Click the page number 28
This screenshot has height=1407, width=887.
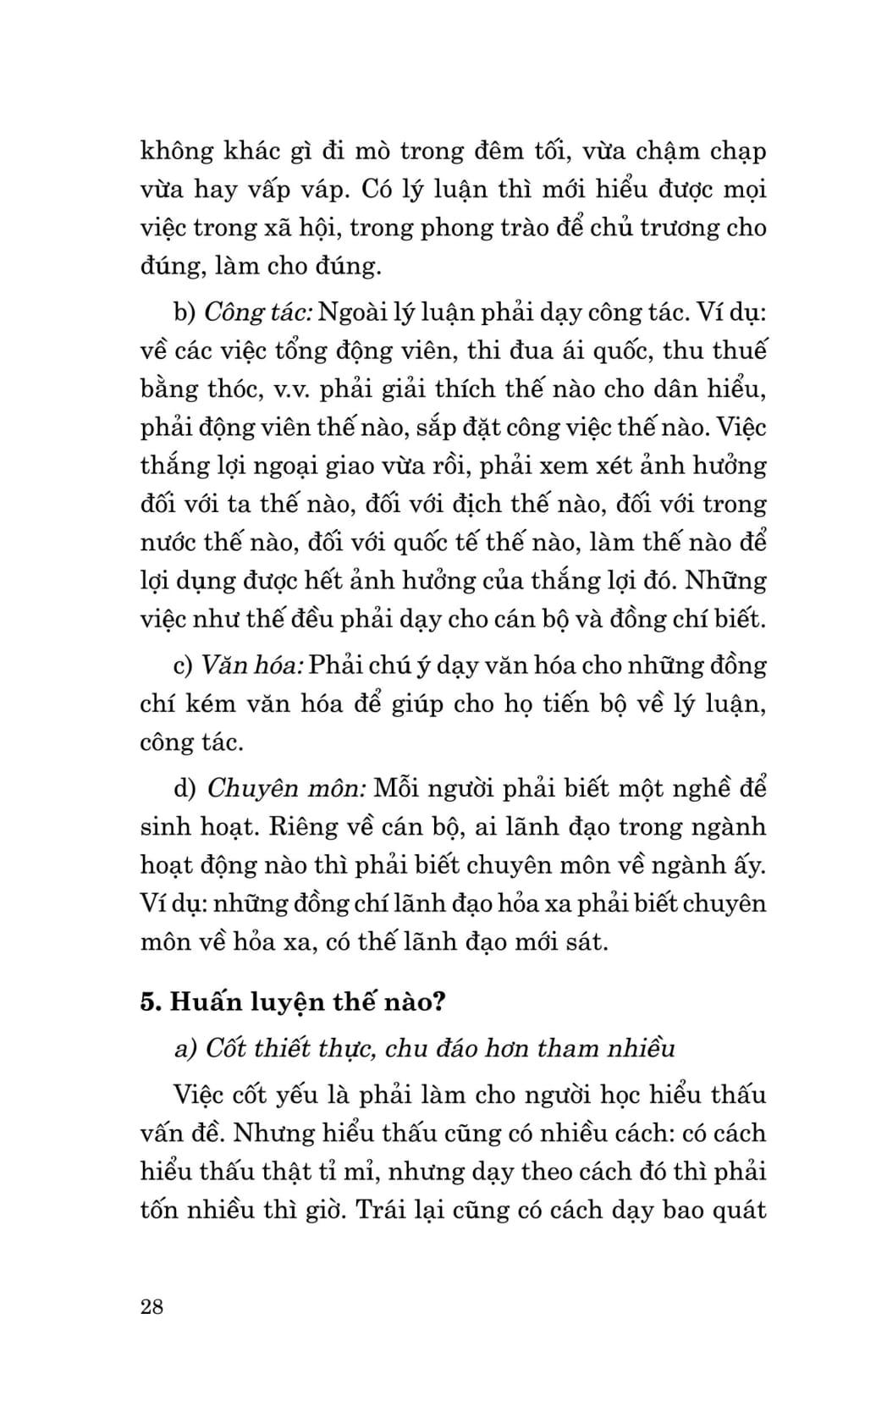point(152,1305)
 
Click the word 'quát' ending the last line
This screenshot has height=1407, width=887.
point(738,1209)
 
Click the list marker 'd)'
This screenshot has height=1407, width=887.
point(185,788)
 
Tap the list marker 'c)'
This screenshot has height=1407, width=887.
point(184,665)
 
